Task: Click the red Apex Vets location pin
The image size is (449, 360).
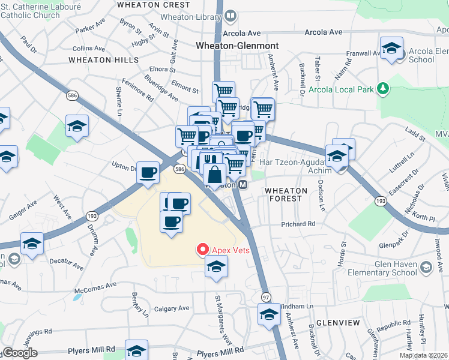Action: [x=202, y=250]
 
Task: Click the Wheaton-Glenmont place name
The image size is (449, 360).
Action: [x=237, y=46]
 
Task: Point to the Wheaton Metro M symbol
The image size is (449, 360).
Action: [x=243, y=185]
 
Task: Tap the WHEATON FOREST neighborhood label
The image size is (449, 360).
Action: [x=286, y=194]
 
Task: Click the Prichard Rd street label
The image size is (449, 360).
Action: [x=298, y=224]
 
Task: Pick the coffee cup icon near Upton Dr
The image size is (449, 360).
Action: [x=148, y=173]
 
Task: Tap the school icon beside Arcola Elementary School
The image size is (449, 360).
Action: [x=391, y=49]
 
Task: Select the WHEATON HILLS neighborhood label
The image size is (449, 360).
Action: [x=103, y=60]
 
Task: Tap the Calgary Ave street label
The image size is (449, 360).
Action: [x=172, y=308]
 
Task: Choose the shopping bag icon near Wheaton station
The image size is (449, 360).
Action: [x=215, y=175]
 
